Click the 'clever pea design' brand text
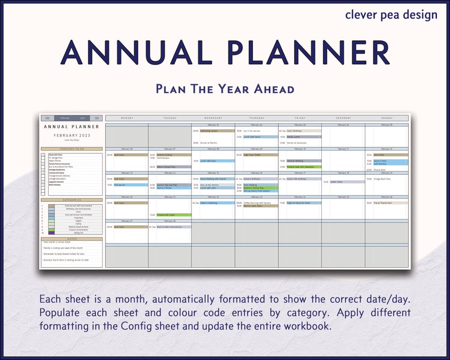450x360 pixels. point(391,15)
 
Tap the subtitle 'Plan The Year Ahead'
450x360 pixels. point(225,89)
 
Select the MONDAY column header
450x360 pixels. point(127,118)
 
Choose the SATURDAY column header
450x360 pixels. point(343,118)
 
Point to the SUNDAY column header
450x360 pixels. point(386,118)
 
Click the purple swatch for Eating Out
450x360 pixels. point(52,233)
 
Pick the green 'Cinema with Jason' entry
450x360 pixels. point(169,215)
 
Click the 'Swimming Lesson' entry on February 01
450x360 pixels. point(216,131)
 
